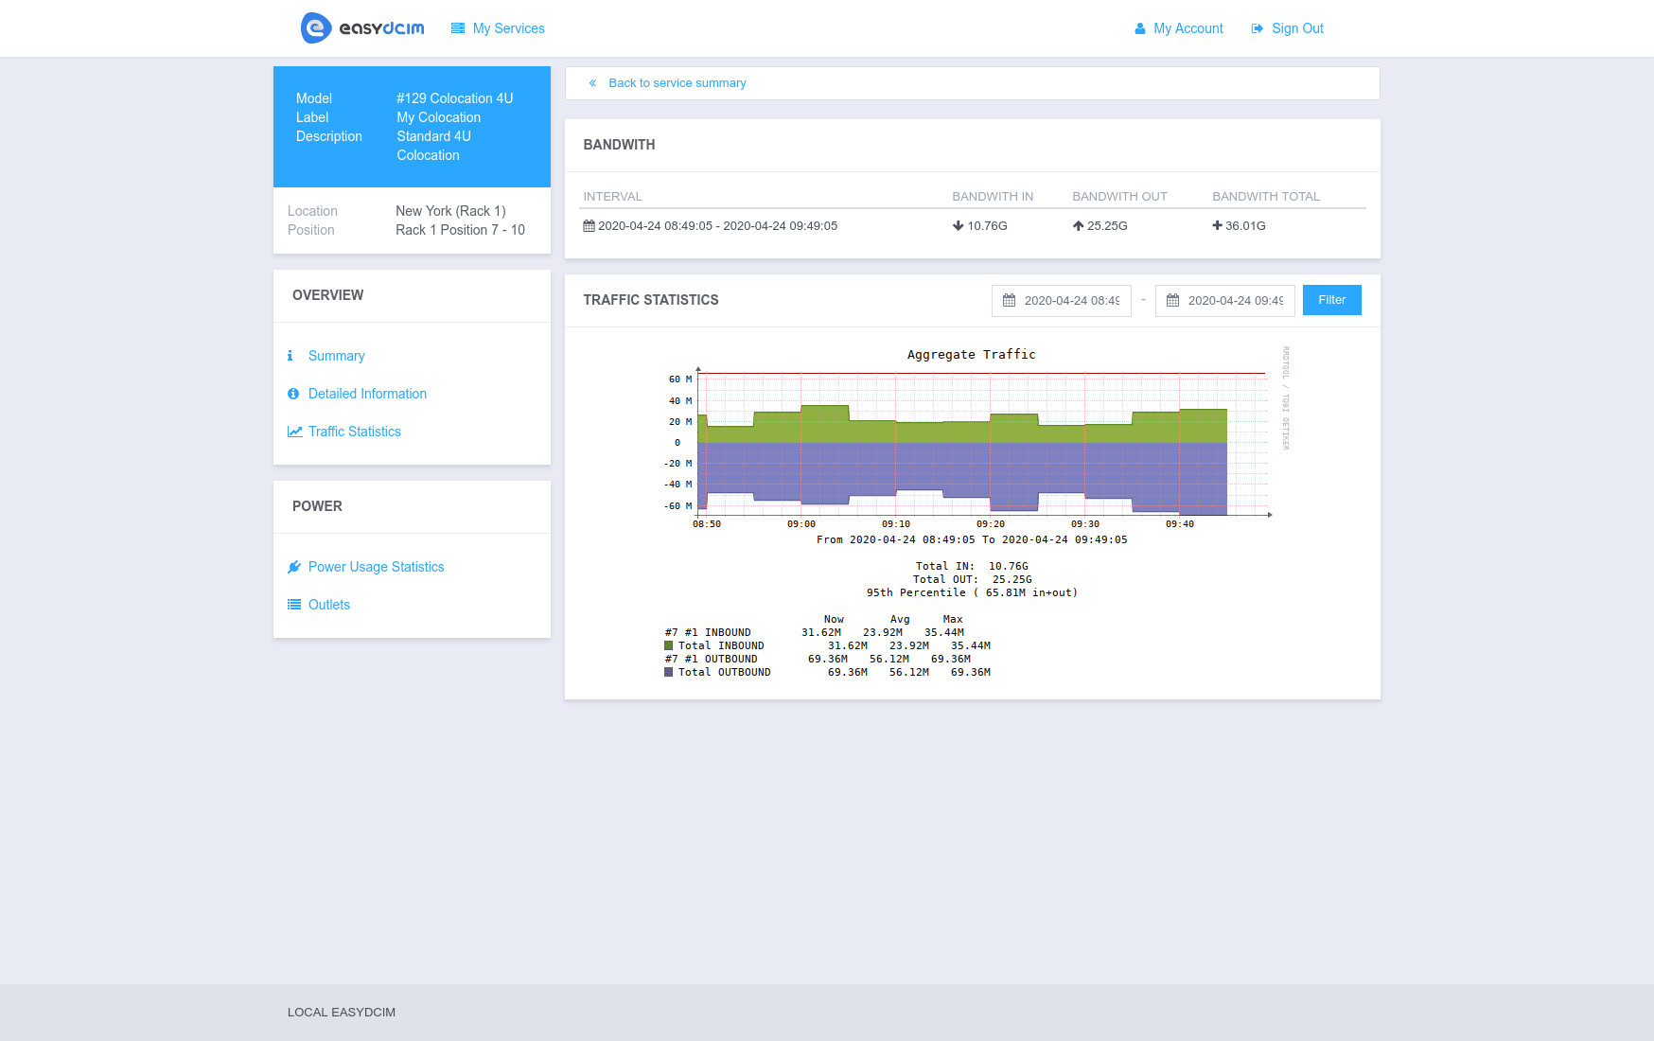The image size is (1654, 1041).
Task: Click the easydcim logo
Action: [x=362, y=28]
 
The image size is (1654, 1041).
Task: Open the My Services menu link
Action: [x=499, y=28]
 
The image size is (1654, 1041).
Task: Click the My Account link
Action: [x=1179, y=28]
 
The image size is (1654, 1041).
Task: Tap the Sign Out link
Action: [x=1288, y=28]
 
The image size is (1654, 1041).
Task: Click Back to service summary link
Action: [x=677, y=83]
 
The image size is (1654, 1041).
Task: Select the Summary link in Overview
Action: [x=336, y=356]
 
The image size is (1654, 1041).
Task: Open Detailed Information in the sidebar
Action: [x=367, y=394]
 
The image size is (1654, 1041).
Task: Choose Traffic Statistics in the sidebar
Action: [x=354, y=432]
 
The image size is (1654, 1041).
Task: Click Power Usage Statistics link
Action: [x=376, y=567]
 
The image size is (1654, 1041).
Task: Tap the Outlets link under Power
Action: [x=328, y=605]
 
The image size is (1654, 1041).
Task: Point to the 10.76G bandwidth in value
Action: [x=986, y=226]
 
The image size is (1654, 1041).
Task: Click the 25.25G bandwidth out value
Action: [x=1106, y=226]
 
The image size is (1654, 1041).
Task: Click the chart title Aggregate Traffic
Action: [x=971, y=355]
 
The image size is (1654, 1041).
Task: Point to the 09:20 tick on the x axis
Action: [x=991, y=523]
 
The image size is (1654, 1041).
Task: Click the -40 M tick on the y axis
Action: [x=677, y=485]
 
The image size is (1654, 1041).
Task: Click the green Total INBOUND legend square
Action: [x=669, y=645]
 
